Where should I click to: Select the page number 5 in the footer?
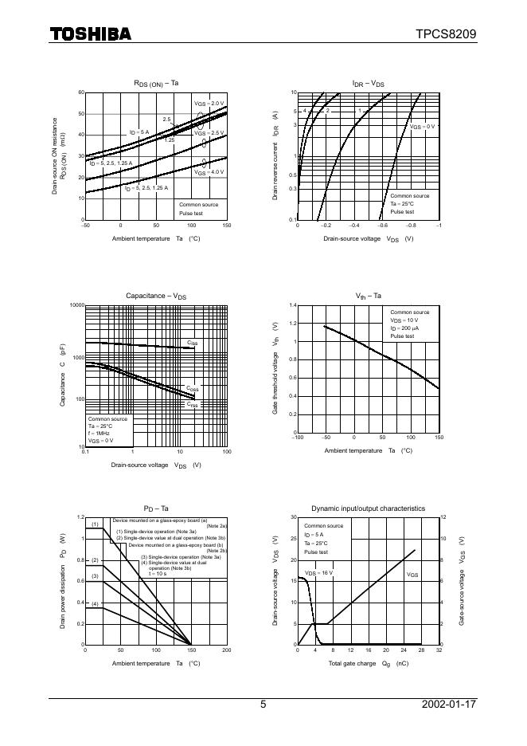click(x=263, y=705)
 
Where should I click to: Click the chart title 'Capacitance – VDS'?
click(x=156, y=296)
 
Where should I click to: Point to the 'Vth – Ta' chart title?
click(x=369, y=296)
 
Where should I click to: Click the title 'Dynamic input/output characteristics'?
click(x=368, y=508)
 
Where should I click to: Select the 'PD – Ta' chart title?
click(x=156, y=508)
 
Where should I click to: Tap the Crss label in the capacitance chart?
click(x=192, y=404)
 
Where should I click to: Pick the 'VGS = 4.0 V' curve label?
click(x=209, y=171)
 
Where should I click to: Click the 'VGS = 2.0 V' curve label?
click(x=209, y=104)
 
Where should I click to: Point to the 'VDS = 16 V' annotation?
click(x=319, y=573)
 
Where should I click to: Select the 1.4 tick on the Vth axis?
click(x=292, y=305)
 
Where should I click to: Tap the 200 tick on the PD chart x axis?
click(x=226, y=650)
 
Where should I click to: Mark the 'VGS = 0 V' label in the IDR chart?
click(x=423, y=127)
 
